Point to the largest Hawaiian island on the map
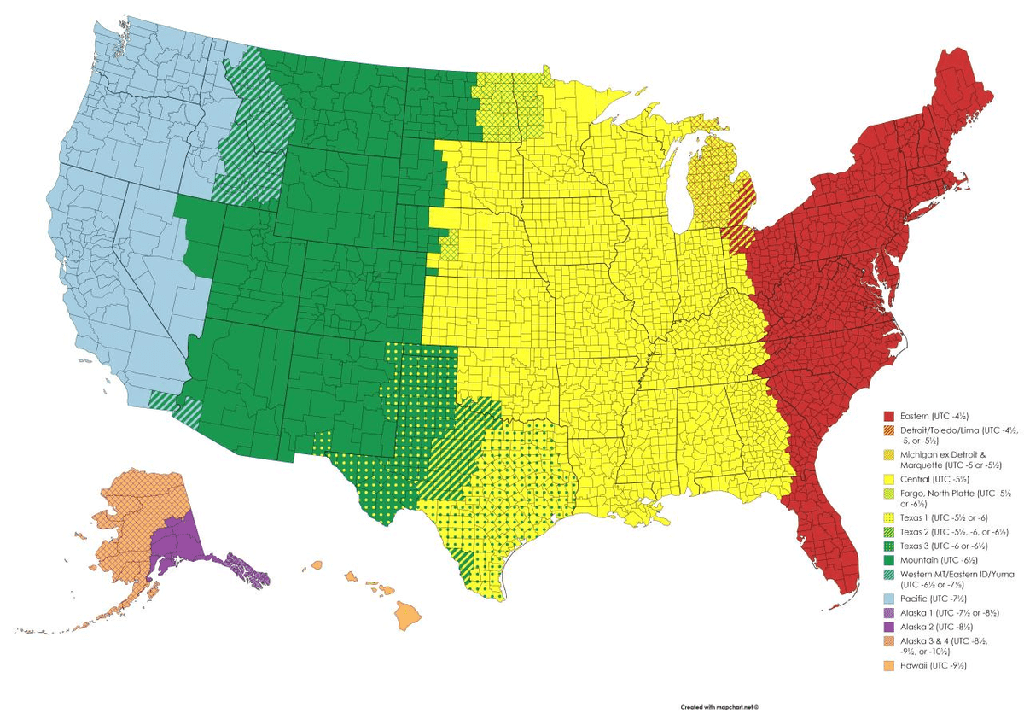tap(409, 615)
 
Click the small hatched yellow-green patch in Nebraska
tap(448, 248)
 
